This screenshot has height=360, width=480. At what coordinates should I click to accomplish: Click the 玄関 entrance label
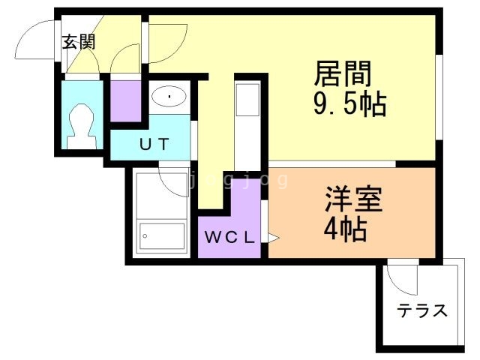coord(79,42)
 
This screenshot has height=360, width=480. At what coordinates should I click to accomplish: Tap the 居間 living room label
coord(343,76)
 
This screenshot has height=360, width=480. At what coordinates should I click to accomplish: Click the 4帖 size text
coord(345,229)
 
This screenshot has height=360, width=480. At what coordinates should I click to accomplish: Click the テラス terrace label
coord(422,310)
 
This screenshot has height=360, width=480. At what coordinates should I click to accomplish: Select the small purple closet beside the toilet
coord(126,101)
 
